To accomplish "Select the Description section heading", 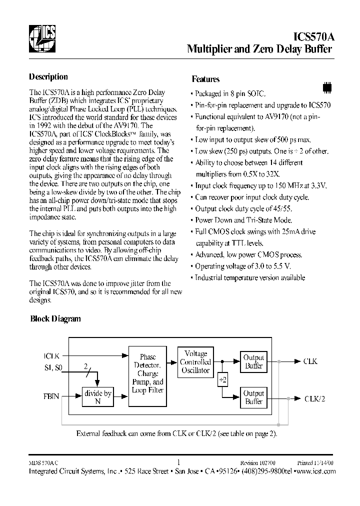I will pyautogui.click(x=48, y=77).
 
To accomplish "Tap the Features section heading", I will pyautogui.click(x=205, y=79).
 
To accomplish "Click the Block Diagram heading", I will pyautogui.click(x=55, y=318).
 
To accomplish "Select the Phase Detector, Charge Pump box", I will pyautogui.click(x=147, y=373).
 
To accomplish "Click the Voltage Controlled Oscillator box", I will pyautogui.click(x=195, y=361).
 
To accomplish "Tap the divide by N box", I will pyautogui.click(x=97, y=397).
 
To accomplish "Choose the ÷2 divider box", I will pyautogui.click(x=222, y=380).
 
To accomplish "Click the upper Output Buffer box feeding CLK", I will pyautogui.click(x=253, y=361).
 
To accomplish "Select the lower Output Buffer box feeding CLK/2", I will pyautogui.click(x=253, y=397).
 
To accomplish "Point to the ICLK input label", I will pyautogui.click(x=51, y=356).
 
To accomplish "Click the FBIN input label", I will pyautogui.click(x=51, y=396).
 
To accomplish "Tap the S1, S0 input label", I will pyautogui.click(x=54, y=368).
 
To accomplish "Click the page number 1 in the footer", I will pyautogui.click(x=179, y=462).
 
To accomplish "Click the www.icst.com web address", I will pyautogui.click(x=315, y=471).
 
